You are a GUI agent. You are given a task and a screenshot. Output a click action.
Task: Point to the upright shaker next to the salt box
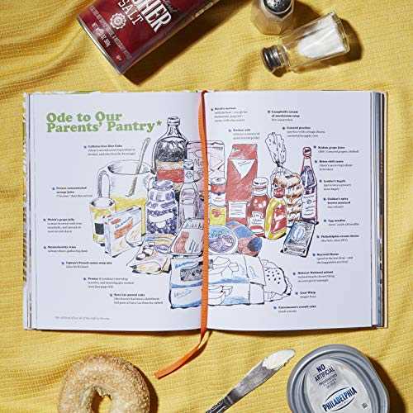(272, 15)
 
